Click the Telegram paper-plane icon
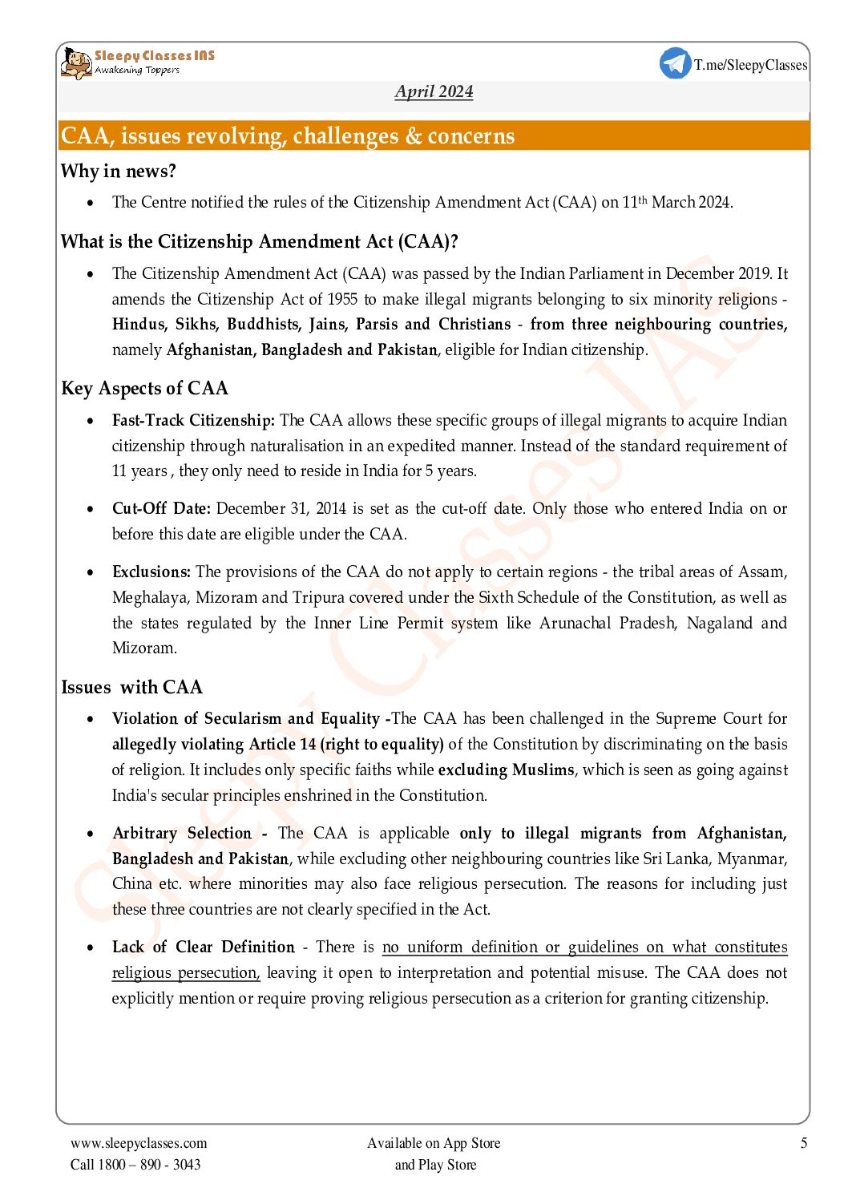pyautogui.click(x=675, y=63)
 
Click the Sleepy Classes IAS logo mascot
pyautogui.click(x=76, y=63)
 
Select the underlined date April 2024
pyautogui.click(x=434, y=91)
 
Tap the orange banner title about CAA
pyautogui.click(x=288, y=136)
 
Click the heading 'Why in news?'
pyautogui.click(x=118, y=172)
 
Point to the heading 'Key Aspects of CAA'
pyautogui.click(x=144, y=389)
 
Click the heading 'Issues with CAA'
pyautogui.click(x=131, y=688)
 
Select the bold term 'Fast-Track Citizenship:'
pyautogui.click(x=193, y=421)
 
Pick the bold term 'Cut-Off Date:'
pyautogui.click(x=161, y=509)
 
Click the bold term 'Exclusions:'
pyautogui.click(x=151, y=572)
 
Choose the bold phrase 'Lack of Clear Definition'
pyautogui.click(x=203, y=947)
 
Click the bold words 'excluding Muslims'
pyautogui.click(x=506, y=770)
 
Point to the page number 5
pyautogui.click(x=803, y=1143)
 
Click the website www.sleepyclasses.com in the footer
pyautogui.click(x=139, y=1143)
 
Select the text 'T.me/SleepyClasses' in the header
pyautogui.click(x=750, y=65)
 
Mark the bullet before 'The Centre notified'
pyautogui.click(x=91, y=203)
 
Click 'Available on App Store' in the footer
pyautogui.click(x=434, y=1143)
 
